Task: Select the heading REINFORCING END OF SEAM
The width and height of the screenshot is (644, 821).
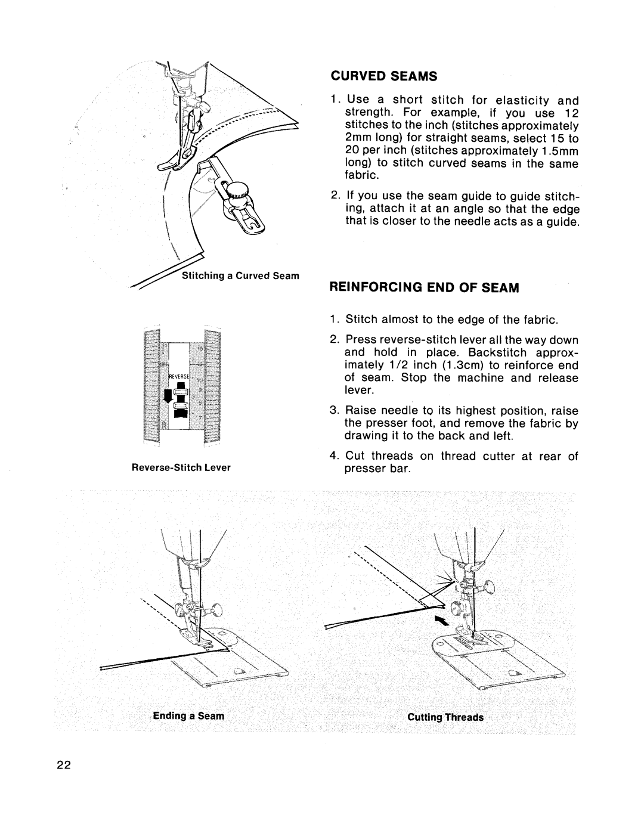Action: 425,287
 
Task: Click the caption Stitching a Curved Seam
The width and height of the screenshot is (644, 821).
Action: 231,275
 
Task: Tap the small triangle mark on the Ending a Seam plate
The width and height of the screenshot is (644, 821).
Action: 237,671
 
